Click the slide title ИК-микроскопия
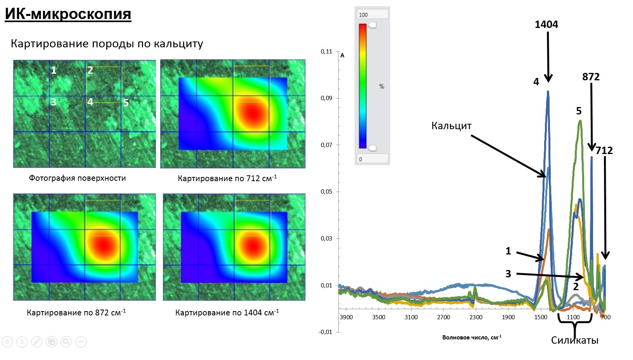click(x=68, y=14)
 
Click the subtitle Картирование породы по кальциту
click(x=107, y=43)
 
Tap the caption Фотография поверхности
click(x=77, y=178)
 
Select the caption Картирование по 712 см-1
click(x=227, y=178)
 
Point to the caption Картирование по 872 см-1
click(x=76, y=312)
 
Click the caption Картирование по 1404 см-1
click(x=227, y=312)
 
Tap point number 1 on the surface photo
click(x=54, y=70)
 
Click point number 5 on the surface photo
click(x=126, y=103)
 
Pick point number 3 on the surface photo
click(x=54, y=102)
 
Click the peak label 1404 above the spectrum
click(x=546, y=24)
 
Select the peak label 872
click(x=591, y=77)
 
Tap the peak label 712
click(x=604, y=151)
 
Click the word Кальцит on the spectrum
click(x=451, y=126)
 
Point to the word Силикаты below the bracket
click(x=574, y=340)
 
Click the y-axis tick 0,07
click(x=326, y=145)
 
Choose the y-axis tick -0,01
click(x=325, y=332)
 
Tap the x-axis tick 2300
click(x=476, y=317)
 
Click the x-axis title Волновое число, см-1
click(x=472, y=337)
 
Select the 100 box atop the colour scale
click(x=372, y=15)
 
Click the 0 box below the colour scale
click(x=372, y=159)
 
